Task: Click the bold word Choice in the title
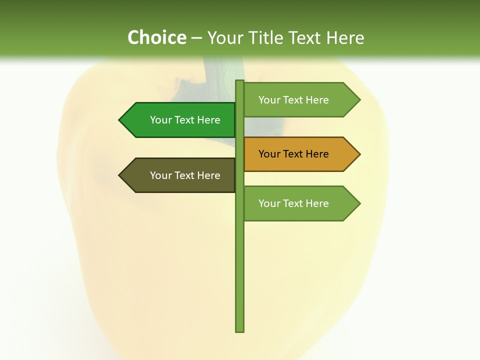[x=156, y=37]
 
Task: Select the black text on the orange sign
[x=293, y=154]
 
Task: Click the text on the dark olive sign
[x=185, y=175]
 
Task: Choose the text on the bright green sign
[x=185, y=120]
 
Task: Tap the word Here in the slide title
[x=345, y=37]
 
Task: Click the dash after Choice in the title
[x=196, y=38]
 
